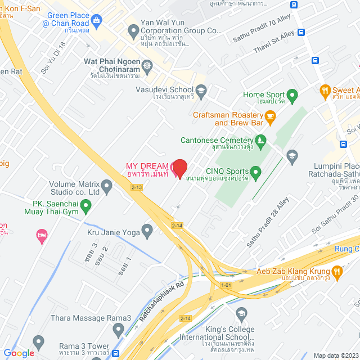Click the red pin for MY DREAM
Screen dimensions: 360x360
(x=179, y=168)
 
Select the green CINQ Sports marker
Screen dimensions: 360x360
(x=255, y=172)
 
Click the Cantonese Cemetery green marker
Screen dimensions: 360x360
(x=260, y=140)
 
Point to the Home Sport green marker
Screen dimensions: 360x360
(x=291, y=94)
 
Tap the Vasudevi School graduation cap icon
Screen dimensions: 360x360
(x=201, y=89)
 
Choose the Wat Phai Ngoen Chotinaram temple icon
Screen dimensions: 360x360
(x=147, y=66)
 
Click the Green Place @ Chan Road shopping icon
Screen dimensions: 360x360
(x=96, y=21)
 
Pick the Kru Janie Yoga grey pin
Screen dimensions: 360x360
(x=147, y=230)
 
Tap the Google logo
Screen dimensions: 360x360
(x=19, y=353)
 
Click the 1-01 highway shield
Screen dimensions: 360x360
(x=226, y=286)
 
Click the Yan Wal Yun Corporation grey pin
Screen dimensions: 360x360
(x=133, y=29)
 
